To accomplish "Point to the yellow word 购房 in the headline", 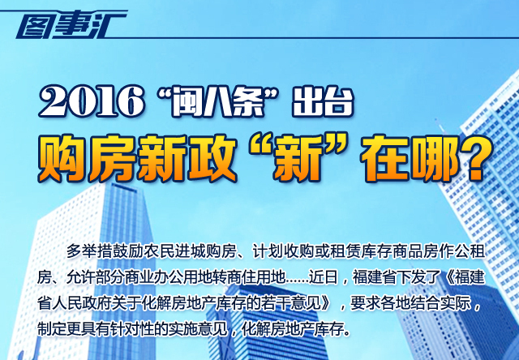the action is pos(87,158).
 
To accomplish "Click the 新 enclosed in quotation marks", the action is pos(296,158).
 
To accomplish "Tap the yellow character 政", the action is pos(212,158).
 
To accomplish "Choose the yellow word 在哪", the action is pos(410,158).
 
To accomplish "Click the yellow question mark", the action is pos(471,159).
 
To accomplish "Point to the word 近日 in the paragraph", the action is pos(323,277).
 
